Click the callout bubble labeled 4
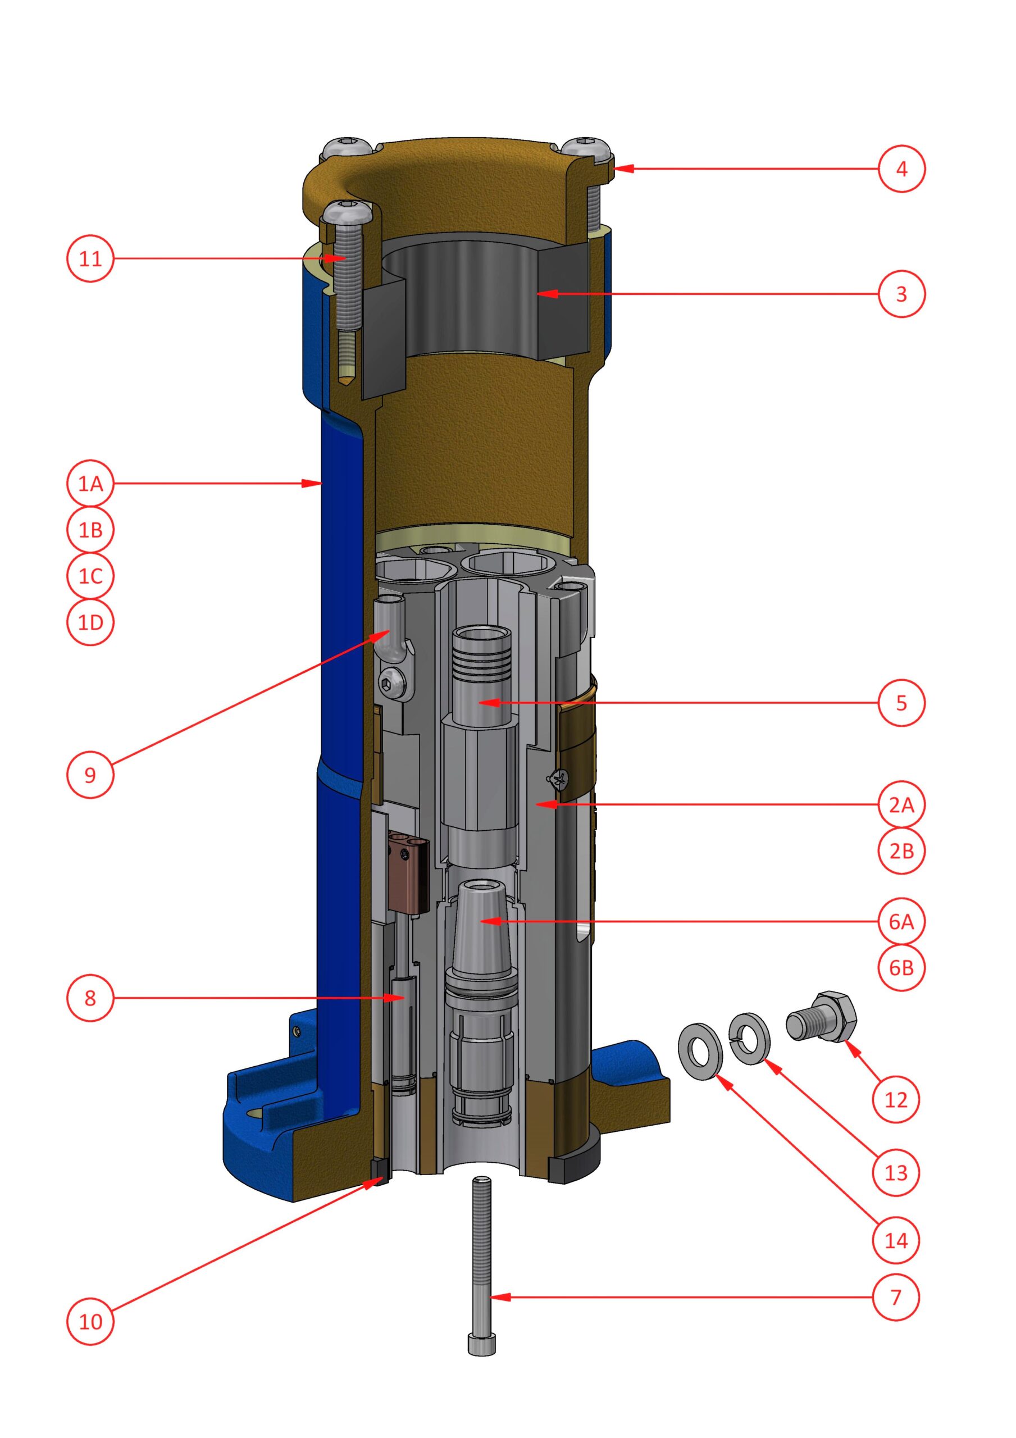[x=901, y=169]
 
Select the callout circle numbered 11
[x=90, y=258]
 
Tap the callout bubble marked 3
[x=901, y=294]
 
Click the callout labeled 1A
[x=90, y=483]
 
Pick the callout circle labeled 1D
[x=90, y=622]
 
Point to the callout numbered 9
[x=90, y=774]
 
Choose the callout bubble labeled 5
[x=901, y=702]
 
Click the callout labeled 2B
[x=901, y=850]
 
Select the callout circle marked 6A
[x=901, y=921]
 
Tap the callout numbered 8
[x=90, y=998]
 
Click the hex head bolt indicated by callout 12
[x=820, y=1017]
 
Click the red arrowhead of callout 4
[x=622, y=169]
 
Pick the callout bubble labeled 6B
[x=901, y=968]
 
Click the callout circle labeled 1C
[x=90, y=576]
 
